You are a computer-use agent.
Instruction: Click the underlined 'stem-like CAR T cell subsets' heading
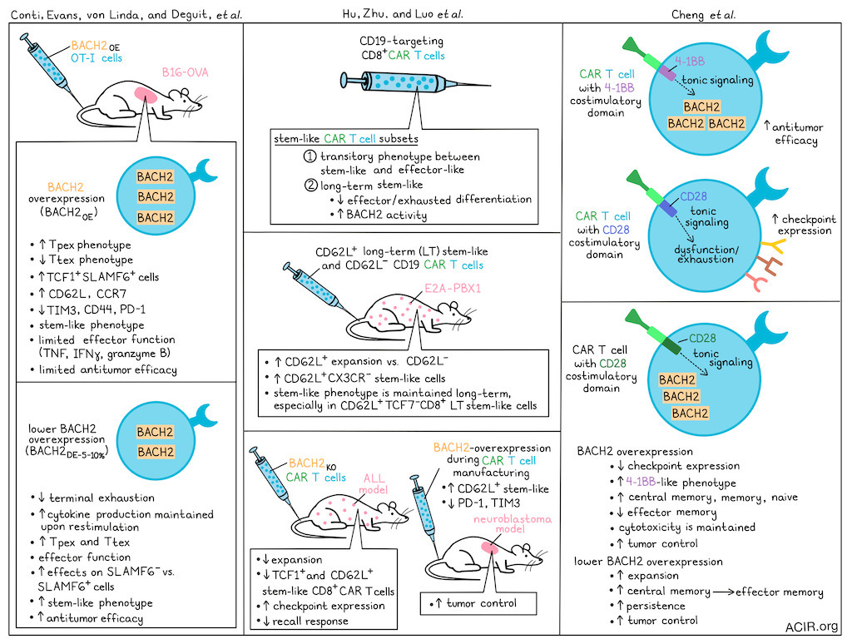(x=347, y=138)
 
